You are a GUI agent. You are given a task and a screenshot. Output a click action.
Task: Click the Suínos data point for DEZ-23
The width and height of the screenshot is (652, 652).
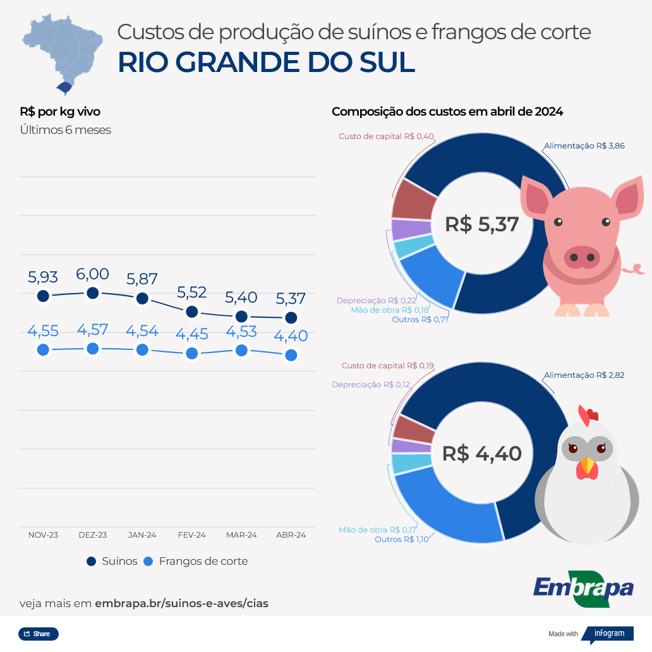[x=93, y=293]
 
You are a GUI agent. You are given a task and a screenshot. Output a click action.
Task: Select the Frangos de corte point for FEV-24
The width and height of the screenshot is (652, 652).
[x=192, y=354]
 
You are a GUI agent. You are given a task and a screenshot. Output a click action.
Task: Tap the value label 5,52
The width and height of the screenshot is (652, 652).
[x=192, y=293]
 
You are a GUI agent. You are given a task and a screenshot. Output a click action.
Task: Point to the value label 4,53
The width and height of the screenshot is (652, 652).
[x=241, y=332]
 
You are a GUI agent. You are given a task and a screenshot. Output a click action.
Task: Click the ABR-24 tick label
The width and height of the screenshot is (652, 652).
[x=291, y=535]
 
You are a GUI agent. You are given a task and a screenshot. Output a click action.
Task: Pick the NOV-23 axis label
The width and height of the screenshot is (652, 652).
[x=43, y=535]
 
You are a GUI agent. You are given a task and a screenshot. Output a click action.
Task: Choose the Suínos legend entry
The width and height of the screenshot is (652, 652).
[x=112, y=561]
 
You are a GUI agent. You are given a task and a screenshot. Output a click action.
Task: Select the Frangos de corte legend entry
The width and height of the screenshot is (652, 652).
[x=196, y=561]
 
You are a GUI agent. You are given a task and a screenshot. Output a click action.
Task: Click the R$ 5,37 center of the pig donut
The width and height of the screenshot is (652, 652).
[x=481, y=224]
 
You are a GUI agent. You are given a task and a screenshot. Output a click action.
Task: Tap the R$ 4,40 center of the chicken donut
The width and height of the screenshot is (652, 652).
[x=481, y=454]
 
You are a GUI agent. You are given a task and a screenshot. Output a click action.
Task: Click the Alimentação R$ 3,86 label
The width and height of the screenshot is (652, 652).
[x=584, y=146]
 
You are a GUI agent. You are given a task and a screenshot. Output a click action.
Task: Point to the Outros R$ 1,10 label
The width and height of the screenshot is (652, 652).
[x=401, y=540]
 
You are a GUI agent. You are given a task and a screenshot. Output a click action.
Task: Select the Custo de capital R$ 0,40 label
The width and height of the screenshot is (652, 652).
[x=386, y=136]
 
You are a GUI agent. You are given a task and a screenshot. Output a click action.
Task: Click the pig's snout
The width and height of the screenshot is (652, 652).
[x=581, y=257]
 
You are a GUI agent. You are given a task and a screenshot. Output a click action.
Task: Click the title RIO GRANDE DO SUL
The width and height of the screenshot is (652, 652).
[x=266, y=62]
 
